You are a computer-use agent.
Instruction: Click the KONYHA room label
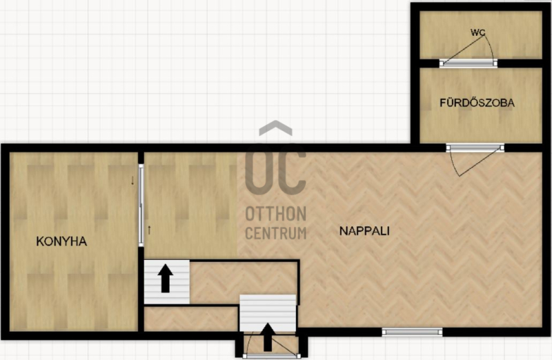pos(61,241)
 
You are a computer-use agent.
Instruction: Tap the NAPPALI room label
pos(364,231)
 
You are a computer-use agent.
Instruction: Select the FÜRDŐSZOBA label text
pos(477,103)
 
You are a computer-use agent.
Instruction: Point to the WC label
pos(477,32)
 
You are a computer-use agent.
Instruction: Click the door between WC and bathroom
pos(469,63)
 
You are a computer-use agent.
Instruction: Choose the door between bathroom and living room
pos(475,148)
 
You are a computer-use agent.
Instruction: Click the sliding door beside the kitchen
pos(141,205)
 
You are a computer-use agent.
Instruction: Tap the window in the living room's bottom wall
pos(412,332)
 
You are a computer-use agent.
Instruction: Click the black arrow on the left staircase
pos(165,279)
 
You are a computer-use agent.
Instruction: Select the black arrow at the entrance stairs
pos(268,337)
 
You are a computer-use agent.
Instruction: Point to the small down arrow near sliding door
pos(132,181)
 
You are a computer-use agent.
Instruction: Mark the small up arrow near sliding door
pos(149,230)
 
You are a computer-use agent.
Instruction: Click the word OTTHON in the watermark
pos(275,214)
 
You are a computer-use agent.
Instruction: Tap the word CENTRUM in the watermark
pos(275,233)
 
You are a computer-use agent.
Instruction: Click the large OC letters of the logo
pos(275,170)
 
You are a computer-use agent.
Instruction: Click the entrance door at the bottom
pos(272,356)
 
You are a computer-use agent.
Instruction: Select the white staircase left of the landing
pos(167,282)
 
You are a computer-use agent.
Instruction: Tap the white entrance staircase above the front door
pos(268,313)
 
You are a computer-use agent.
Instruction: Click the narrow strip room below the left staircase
pos(191,319)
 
